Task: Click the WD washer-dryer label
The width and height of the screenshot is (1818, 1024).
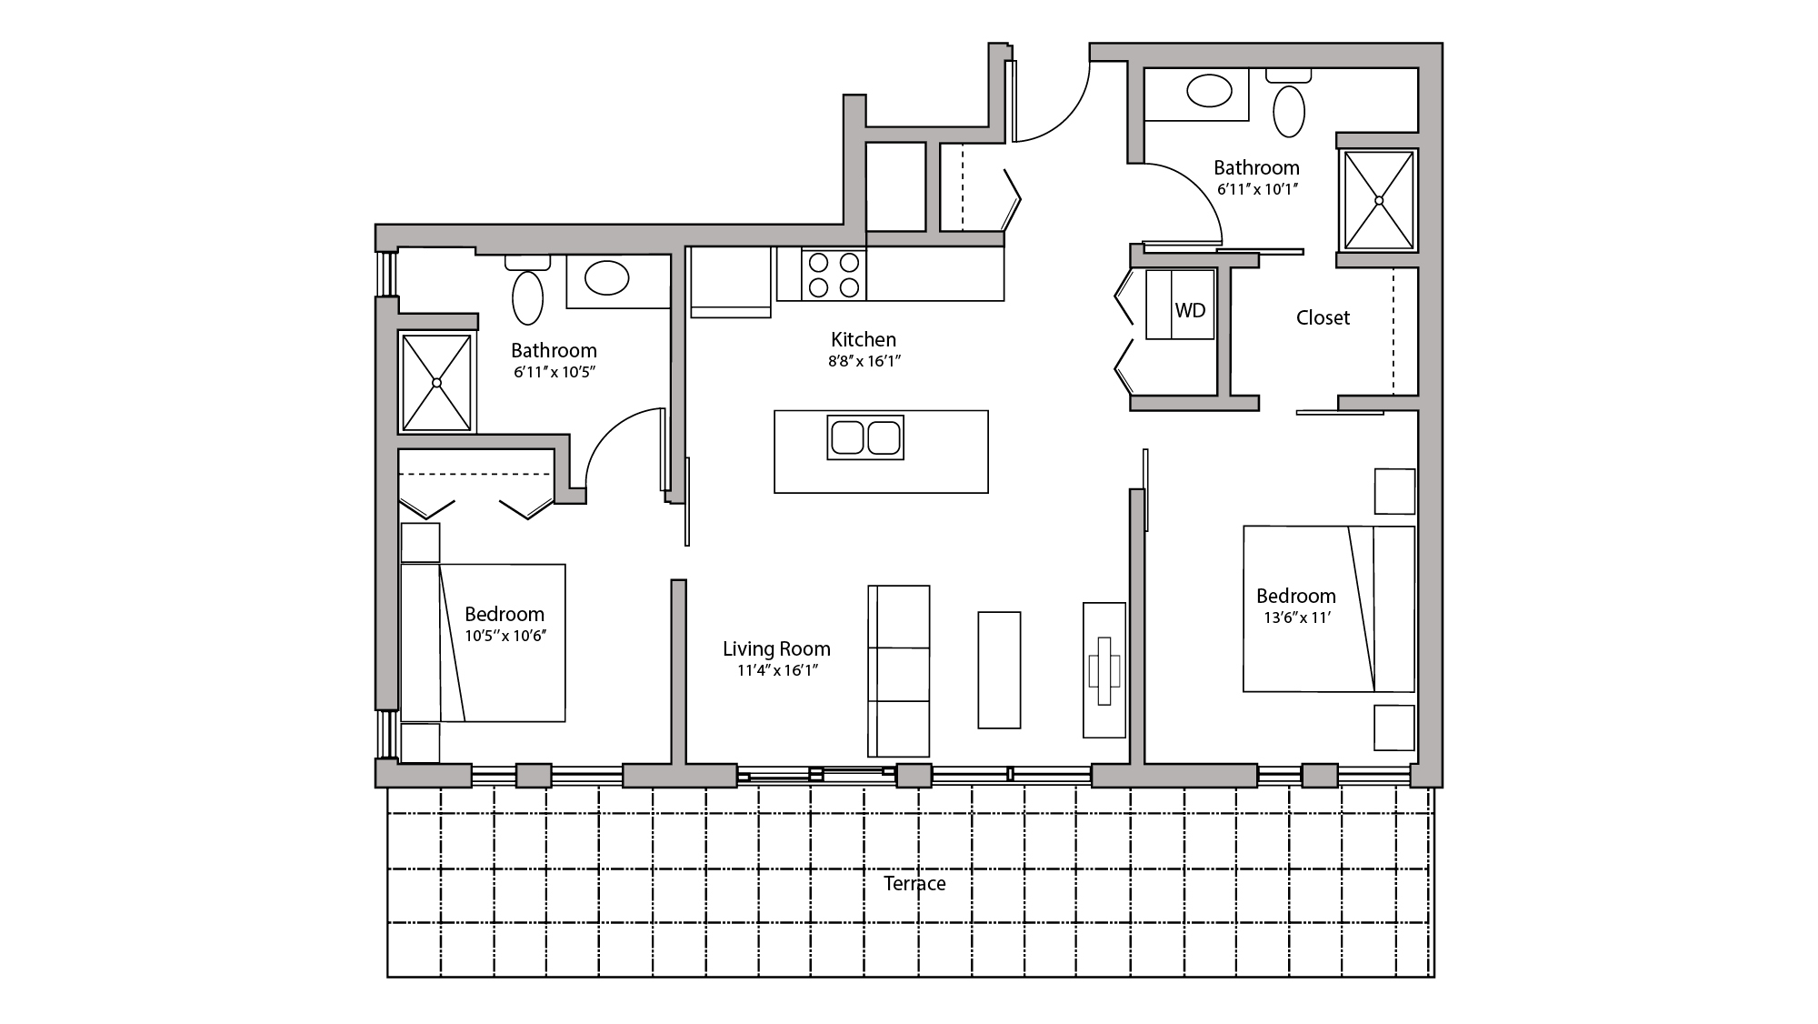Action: pos(1190,311)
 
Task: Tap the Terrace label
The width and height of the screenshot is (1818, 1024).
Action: pos(914,884)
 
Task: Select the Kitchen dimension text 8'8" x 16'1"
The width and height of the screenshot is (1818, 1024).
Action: pos(864,361)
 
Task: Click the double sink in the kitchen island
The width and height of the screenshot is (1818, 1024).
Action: pos(865,437)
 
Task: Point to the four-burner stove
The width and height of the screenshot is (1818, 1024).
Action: pos(834,275)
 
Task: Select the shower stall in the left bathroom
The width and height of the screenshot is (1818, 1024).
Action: pos(437,383)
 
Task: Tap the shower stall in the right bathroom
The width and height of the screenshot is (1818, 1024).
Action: pos(1379,200)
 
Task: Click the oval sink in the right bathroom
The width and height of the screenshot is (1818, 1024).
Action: pos(1209,91)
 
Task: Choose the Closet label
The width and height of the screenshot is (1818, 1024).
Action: pos(1323,318)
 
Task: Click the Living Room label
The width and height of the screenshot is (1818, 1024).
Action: pos(776,649)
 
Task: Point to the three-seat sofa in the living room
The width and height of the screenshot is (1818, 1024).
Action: pos(899,671)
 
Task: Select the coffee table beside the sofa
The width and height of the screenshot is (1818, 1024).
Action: pos(999,669)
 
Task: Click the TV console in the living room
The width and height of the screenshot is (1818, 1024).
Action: pos(1104,669)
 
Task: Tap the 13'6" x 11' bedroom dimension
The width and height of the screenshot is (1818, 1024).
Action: pos(1297,618)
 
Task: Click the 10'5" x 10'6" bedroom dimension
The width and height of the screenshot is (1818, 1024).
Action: pos(504,637)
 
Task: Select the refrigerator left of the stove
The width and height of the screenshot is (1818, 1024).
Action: pos(731,282)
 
